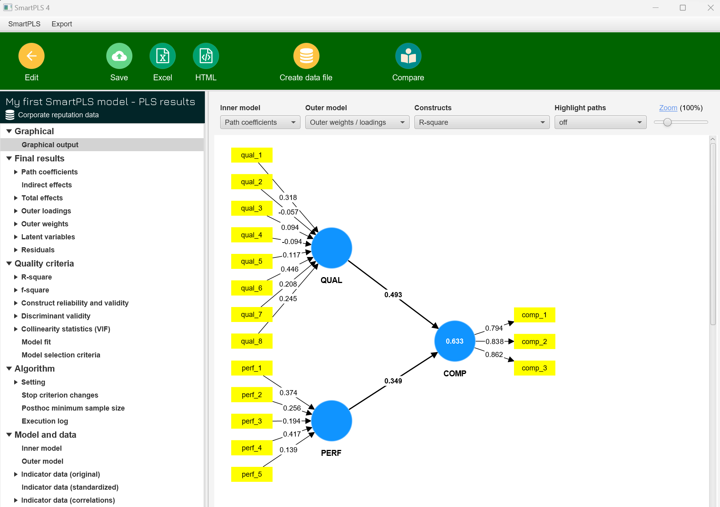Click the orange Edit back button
coord(32,56)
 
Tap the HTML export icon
coord(206,56)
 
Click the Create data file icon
coord(306,56)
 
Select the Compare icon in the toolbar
coord(408,56)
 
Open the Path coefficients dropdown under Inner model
coord(260,122)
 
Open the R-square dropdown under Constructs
coord(481,122)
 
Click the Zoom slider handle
coord(667,122)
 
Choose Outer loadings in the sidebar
coord(46,211)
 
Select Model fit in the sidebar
coord(36,342)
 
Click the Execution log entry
coord(45,421)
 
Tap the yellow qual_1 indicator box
coord(252,155)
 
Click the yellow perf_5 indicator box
coord(252,474)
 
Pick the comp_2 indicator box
coord(534,342)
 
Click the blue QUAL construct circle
coord(331,248)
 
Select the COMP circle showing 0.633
coord(455,341)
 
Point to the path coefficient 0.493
coord(393,295)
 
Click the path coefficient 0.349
coord(393,381)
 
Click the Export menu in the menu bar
coord(62,24)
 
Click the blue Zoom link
coord(668,108)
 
